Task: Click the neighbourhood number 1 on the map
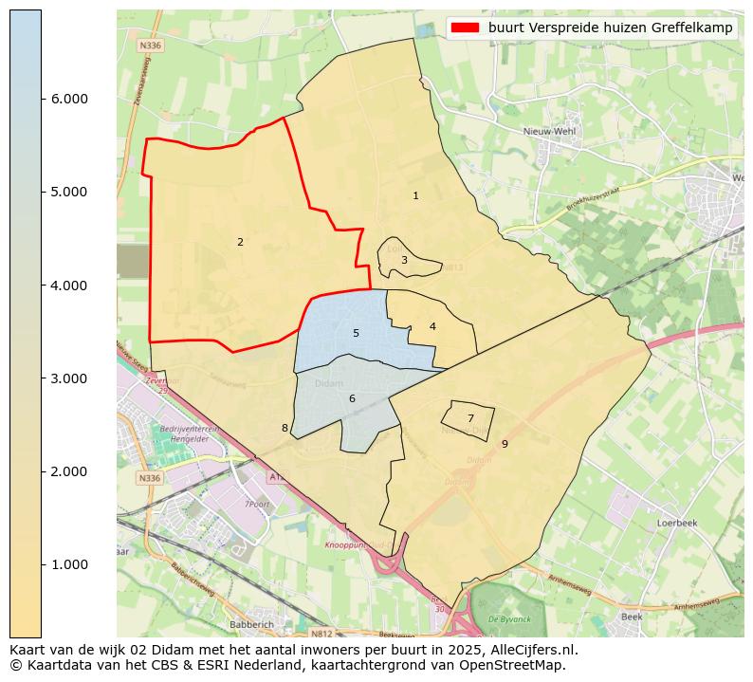point(415,195)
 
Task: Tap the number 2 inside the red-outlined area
point(240,242)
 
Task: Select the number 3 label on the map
point(404,260)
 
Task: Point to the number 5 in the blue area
point(356,333)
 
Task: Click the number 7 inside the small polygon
point(470,417)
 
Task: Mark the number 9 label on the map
point(505,443)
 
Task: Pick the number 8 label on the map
point(285,428)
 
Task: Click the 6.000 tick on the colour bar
point(68,99)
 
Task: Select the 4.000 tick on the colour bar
point(68,286)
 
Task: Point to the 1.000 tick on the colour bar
point(68,564)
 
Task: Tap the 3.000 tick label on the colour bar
point(68,378)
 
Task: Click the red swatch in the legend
point(466,28)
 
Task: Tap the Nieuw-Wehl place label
point(551,132)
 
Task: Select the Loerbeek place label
point(677,523)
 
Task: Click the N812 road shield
point(323,633)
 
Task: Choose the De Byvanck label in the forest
point(507,618)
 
